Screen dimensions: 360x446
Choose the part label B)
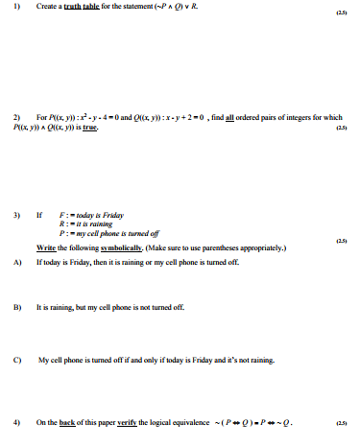18,308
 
